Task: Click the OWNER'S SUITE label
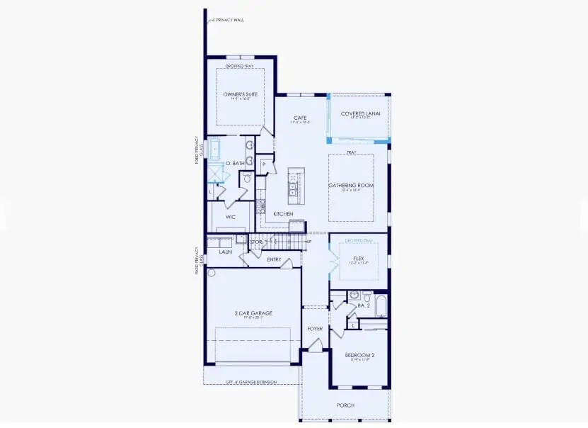(x=240, y=94)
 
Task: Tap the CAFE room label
(x=301, y=118)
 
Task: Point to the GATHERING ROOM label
(x=350, y=186)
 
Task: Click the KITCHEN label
(x=284, y=213)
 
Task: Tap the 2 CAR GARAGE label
(x=253, y=312)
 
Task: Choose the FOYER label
(x=315, y=329)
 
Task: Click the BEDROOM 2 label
(x=359, y=355)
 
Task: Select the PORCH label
(x=345, y=405)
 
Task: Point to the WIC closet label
(x=231, y=217)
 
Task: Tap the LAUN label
(x=226, y=252)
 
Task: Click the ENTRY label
(x=274, y=259)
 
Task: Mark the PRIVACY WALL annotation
(x=228, y=21)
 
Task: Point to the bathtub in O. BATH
(x=214, y=151)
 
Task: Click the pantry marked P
(x=264, y=164)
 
